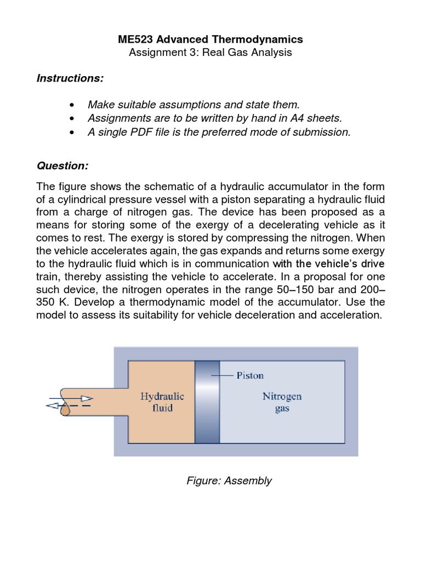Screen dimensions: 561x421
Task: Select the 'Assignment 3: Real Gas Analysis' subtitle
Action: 210,53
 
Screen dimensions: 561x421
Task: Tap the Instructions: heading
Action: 70,78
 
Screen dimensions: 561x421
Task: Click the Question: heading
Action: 62,165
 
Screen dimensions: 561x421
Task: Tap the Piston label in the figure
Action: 249,375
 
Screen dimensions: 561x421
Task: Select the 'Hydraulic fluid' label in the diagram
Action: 162,402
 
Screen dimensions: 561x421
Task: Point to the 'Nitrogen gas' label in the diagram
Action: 282,402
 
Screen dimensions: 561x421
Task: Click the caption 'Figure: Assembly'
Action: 229,481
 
